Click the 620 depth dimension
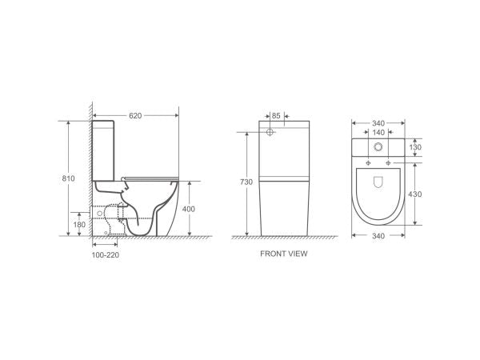click(x=136, y=115)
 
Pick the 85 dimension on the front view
click(x=276, y=115)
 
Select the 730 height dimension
click(x=246, y=182)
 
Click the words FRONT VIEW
click(x=284, y=254)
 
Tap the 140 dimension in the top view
click(x=378, y=133)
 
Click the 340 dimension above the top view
click(x=378, y=123)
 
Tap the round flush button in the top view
click(x=378, y=147)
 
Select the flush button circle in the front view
click(x=270, y=131)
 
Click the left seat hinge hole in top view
click(x=368, y=163)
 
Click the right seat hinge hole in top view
click(x=389, y=163)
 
